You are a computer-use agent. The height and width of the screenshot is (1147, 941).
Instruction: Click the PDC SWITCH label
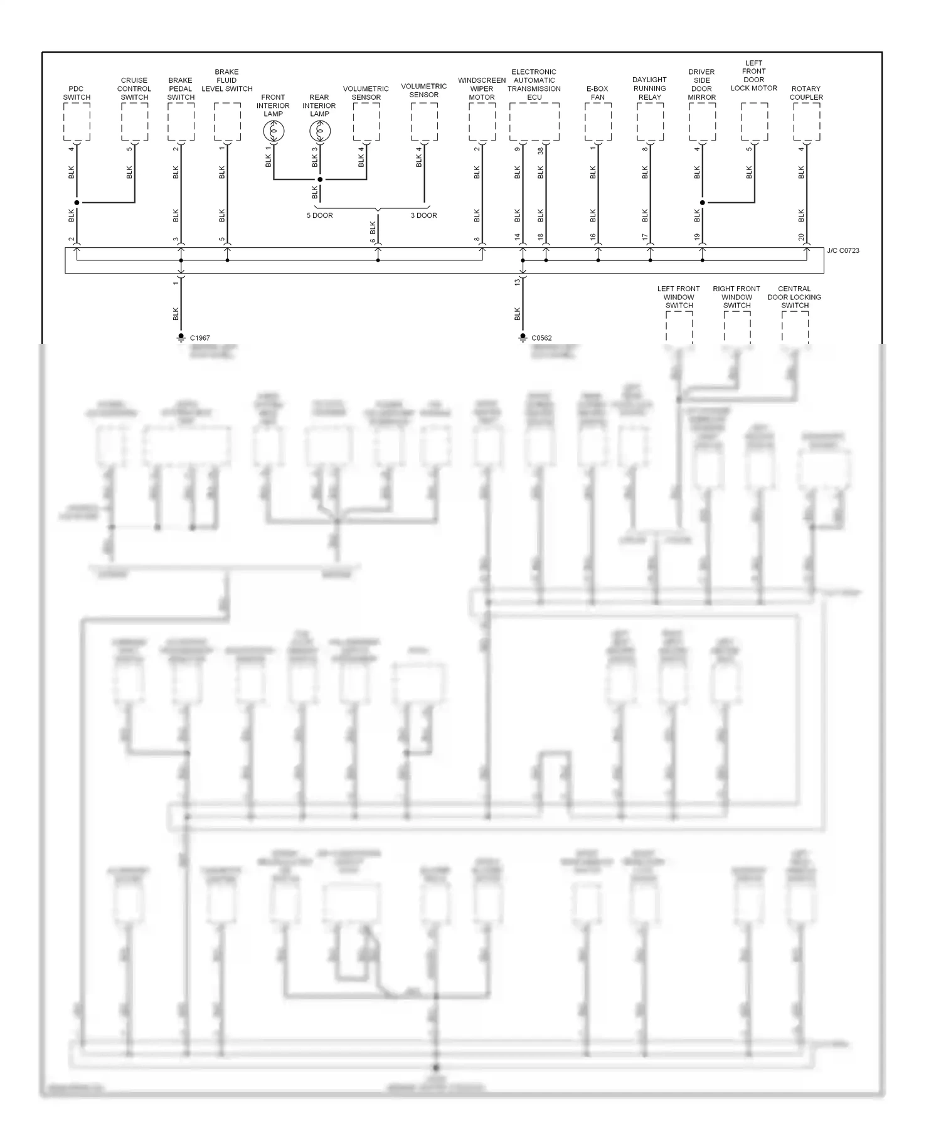point(77,93)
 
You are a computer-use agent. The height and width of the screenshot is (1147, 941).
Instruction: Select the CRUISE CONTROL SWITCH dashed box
point(134,122)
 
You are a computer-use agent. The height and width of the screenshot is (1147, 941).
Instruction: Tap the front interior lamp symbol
point(274,131)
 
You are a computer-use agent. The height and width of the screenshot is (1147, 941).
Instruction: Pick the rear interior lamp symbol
point(320,131)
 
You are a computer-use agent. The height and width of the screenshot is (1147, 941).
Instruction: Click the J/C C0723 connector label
point(843,250)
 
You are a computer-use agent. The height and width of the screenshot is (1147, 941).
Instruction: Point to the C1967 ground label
point(199,338)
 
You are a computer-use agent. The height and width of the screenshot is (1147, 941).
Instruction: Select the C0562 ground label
point(541,338)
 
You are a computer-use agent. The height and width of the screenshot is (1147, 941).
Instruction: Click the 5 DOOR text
point(319,215)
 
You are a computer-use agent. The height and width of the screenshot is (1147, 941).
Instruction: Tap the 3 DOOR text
point(423,215)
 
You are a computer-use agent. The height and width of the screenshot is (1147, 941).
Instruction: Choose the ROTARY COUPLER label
point(806,93)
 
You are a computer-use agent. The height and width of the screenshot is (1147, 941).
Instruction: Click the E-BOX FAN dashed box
point(598,122)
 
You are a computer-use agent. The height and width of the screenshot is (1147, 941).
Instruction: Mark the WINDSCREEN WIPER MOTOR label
point(482,88)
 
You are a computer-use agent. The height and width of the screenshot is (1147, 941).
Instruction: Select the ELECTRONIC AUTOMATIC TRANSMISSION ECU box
point(534,122)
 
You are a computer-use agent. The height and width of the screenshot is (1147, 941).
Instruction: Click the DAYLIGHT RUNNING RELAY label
point(649,88)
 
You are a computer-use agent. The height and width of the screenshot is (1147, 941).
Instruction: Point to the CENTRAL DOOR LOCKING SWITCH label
point(794,297)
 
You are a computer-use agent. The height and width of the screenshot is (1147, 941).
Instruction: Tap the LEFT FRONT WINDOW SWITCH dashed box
point(679,327)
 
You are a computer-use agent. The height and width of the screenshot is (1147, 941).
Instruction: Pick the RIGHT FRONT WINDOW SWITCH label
point(736,297)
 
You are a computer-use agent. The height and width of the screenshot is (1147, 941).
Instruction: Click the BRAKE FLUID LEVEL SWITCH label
point(226,80)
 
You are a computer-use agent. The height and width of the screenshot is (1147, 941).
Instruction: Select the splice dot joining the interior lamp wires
point(320,179)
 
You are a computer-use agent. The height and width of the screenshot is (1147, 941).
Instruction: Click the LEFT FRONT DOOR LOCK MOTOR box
point(754,122)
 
